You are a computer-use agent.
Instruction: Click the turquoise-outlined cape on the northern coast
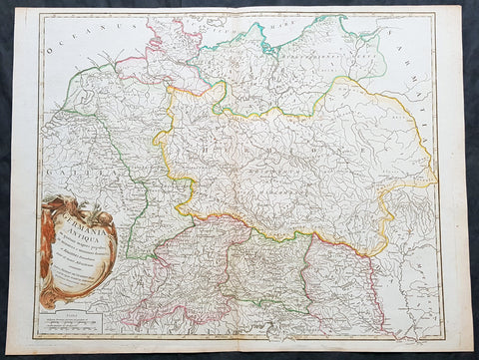point(266,42)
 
